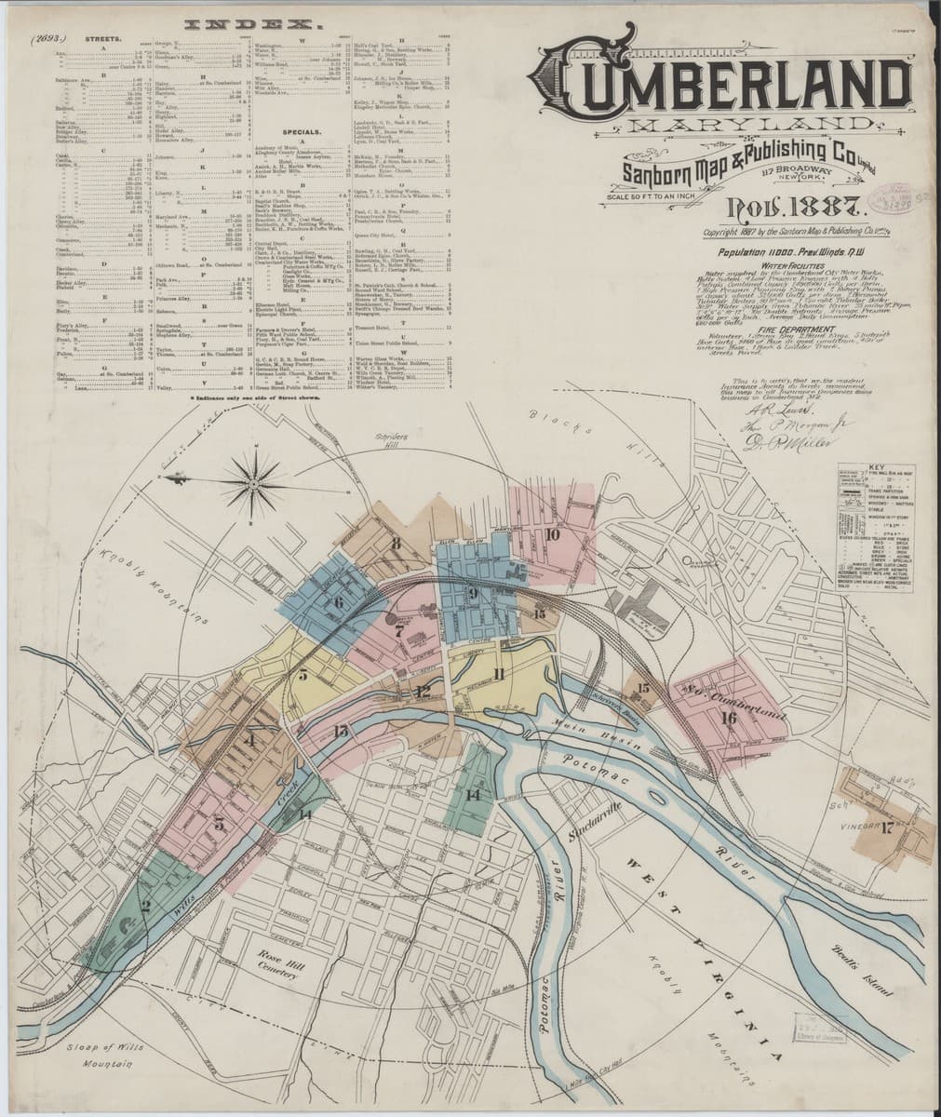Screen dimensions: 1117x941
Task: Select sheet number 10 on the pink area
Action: click(552, 534)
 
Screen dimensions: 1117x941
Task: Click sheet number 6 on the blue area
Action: click(339, 602)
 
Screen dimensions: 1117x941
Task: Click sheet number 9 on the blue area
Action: click(473, 593)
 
